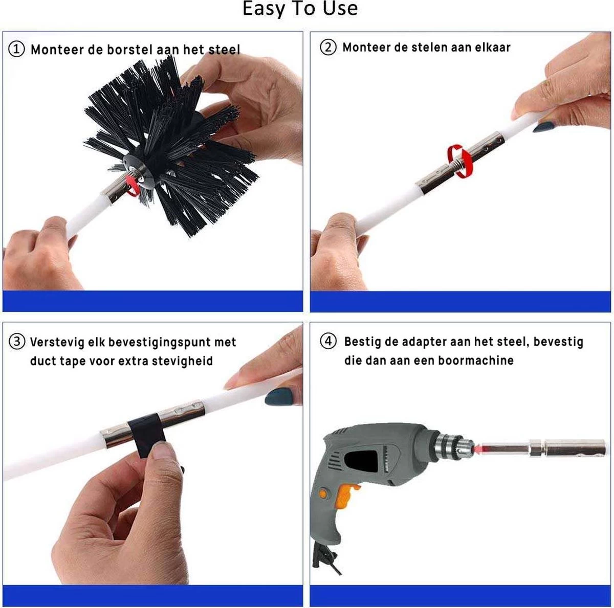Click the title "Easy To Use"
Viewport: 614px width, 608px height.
[300, 9]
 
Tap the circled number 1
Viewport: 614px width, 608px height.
[16, 50]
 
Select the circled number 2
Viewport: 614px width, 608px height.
[328, 47]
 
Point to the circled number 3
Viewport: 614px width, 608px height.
[16, 342]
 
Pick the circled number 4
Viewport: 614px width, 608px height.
[328, 341]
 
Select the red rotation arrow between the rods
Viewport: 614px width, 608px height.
[460, 161]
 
